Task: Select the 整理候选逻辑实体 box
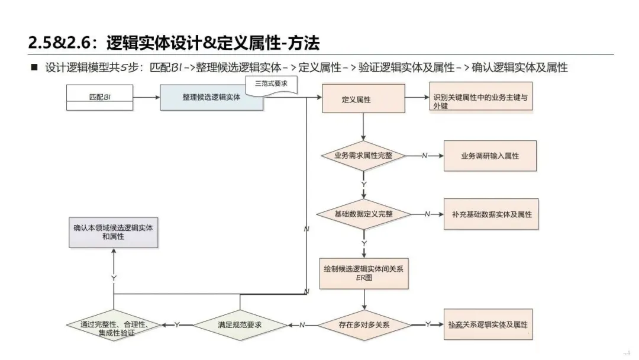click(x=211, y=98)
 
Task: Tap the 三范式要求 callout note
click(x=271, y=85)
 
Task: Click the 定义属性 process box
click(x=363, y=99)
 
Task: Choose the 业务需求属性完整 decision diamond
click(x=363, y=156)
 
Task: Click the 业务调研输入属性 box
click(x=490, y=156)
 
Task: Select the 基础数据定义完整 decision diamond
click(x=363, y=214)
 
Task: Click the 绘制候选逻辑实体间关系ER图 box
click(x=364, y=272)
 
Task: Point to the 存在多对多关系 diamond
click(x=364, y=324)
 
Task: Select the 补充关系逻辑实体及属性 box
click(x=488, y=324)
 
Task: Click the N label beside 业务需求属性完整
click(x=424, y=156)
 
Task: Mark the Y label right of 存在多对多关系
click(x=428, y=324)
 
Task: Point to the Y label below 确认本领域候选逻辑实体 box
click(x=113, y=277)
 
